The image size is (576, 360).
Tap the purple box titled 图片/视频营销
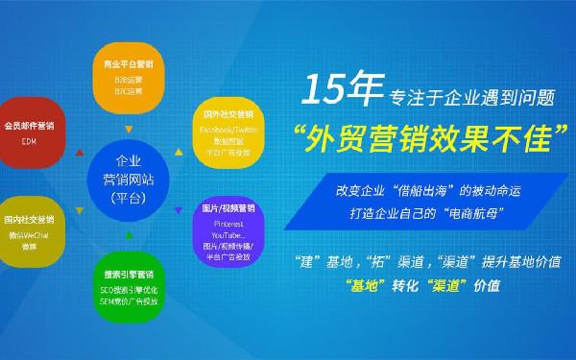[228, 232]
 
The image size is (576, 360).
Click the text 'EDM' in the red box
[29, 140]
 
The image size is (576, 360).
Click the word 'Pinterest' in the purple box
[228, 222]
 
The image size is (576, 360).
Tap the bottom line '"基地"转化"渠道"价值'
[420, 285]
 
